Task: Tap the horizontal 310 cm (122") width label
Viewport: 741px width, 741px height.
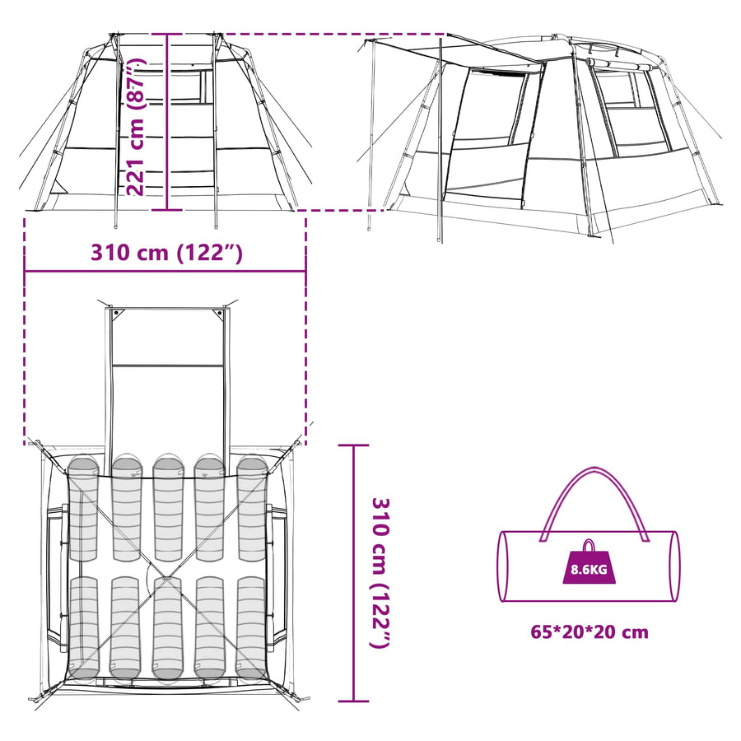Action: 166,253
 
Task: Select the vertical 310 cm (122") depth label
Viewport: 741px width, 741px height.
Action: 380,573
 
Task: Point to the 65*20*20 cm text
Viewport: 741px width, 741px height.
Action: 590,631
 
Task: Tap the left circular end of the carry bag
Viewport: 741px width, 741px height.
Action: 504,566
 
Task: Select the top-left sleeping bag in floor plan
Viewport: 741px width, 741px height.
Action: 83,507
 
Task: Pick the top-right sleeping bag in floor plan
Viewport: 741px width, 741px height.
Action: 252,507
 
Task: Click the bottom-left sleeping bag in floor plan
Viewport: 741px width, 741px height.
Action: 84,627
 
